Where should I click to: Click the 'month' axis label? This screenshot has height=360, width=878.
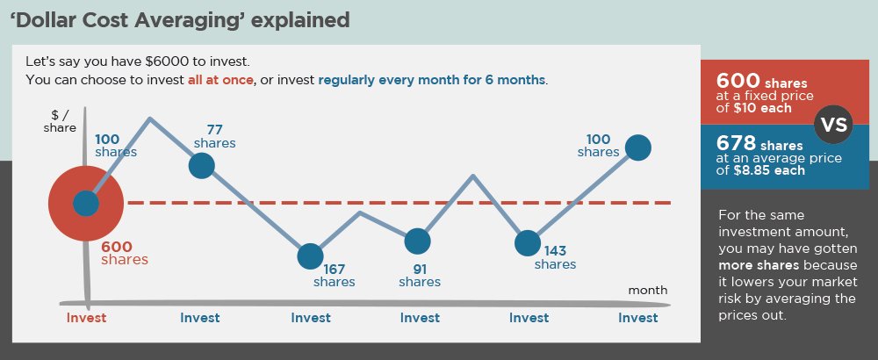648,290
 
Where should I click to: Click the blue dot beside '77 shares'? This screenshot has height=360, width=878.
201,165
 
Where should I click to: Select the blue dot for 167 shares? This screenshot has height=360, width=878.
310,256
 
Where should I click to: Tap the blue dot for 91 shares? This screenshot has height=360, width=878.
418,240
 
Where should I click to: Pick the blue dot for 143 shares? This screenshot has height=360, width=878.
527,242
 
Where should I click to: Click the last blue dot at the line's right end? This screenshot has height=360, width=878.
637,148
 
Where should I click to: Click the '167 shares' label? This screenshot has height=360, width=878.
335,276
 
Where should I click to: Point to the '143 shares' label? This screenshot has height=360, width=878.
555,257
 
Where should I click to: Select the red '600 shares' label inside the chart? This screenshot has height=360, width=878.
125,254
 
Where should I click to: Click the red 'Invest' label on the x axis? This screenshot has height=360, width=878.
86,318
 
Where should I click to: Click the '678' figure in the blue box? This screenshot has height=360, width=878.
736,142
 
